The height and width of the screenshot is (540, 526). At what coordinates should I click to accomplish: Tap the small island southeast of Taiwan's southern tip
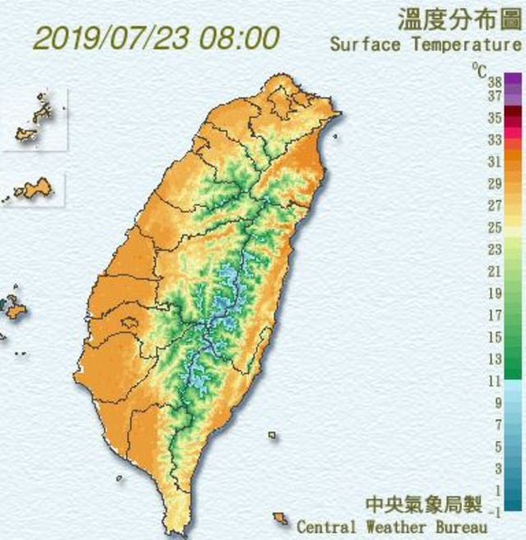click(x=281, y=519)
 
